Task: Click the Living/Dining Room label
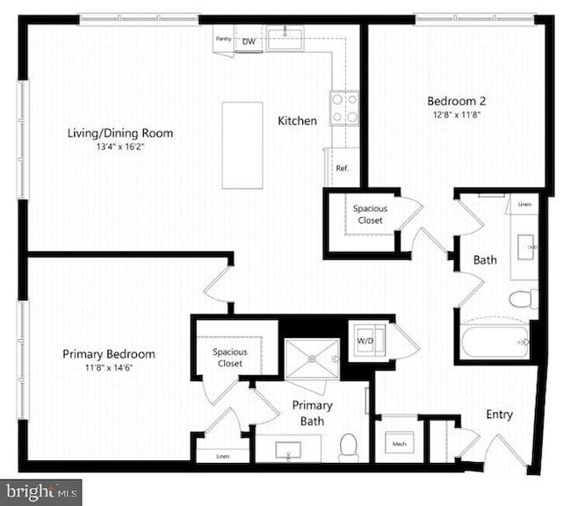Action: point(120,134)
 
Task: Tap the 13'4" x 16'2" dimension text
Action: point(120,148)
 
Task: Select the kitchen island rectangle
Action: point(242,145)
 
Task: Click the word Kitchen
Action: point(298,121)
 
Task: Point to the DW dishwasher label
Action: point(249,41)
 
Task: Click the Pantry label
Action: point(223,39)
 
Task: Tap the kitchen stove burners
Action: point(344,107)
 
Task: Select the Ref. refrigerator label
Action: point(343,169)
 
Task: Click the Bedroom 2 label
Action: point(456,100)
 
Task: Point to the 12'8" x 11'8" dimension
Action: point(456,113)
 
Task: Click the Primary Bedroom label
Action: point(109,354)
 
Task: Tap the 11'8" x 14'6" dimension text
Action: point(109,368)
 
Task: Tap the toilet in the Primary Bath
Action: point(349,445)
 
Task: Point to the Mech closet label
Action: point(398,445)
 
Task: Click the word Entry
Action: point(500,415)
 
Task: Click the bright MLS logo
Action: point(41,489)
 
